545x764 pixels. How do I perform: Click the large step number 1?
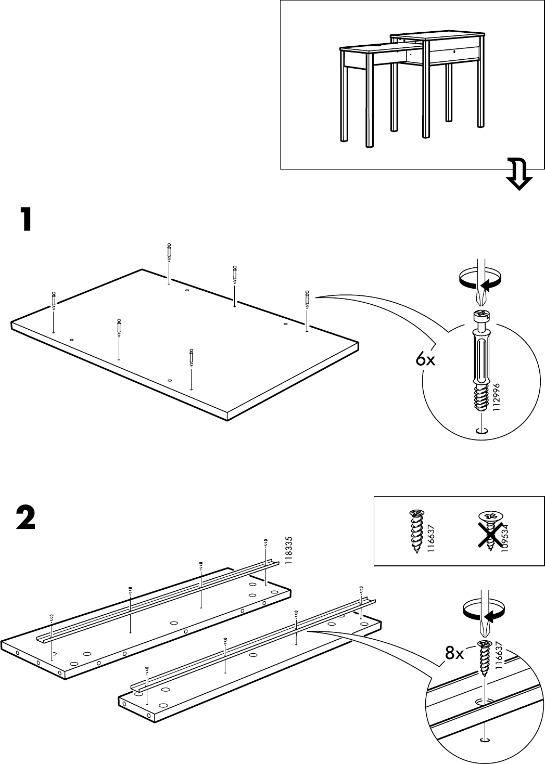[24, 219]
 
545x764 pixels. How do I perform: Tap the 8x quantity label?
[454, 654]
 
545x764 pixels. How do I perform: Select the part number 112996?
[496, 398]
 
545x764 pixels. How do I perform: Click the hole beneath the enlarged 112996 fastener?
[482, 431]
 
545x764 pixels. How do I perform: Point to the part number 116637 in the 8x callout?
[499, 657]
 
